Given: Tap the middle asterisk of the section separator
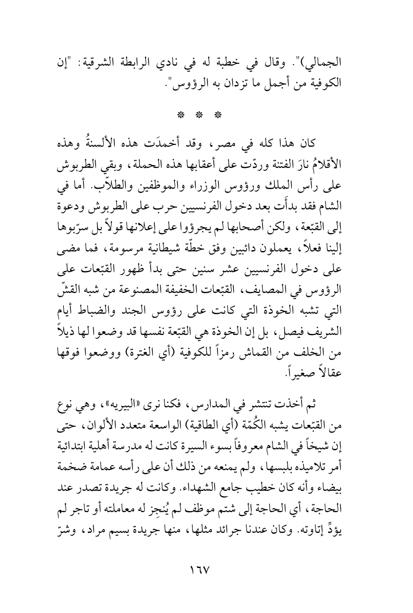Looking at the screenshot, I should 206,116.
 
